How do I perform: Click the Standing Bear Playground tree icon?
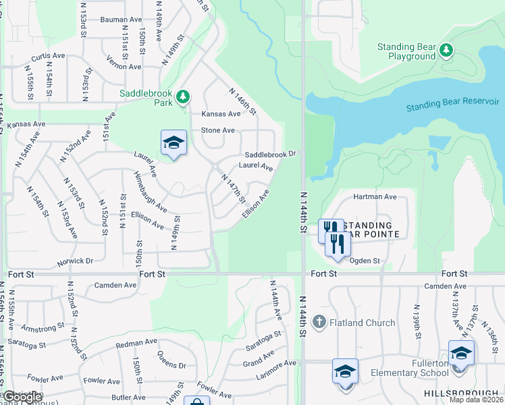(x=446, y=51)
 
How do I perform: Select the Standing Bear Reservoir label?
(x=452, y=105)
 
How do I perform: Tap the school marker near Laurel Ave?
(x=174, y=143)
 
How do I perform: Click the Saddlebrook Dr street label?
(x=270, y=154)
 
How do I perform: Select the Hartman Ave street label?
(x=375, y=196)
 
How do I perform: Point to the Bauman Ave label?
(x=119, y=20)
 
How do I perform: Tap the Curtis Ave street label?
(x=47, y=55)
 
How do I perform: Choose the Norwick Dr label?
(x=75, y=261)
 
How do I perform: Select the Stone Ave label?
(x=217, y=130)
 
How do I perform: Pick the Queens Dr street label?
(x=171, y=360)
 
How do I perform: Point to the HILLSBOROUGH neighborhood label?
(x=464, y=393)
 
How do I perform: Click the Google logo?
(x=22, y=397)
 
